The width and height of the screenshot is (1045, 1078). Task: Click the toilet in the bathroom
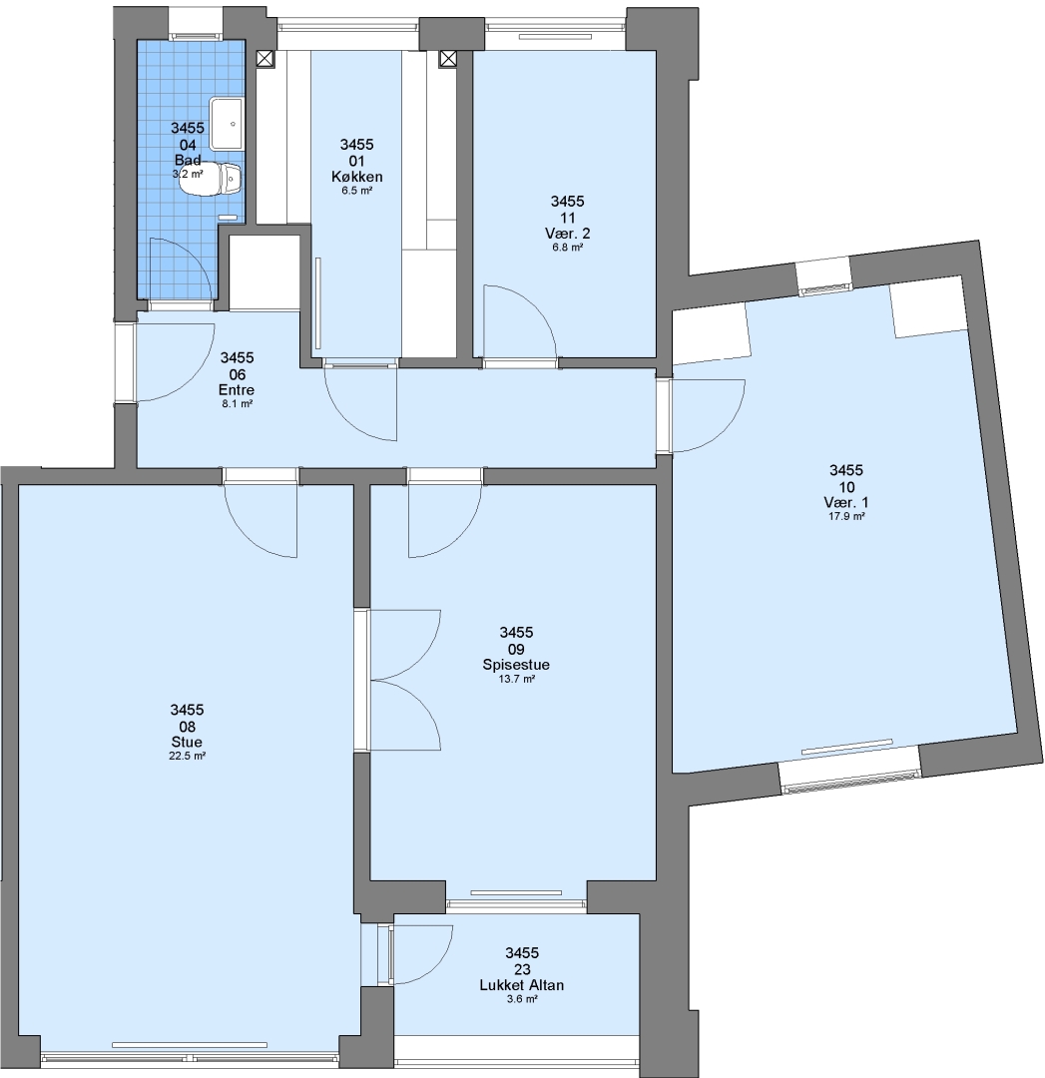(x=211, y=180)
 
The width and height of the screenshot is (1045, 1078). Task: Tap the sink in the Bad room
(x=227, y=124)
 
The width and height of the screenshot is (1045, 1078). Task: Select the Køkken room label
(x=356, y=177)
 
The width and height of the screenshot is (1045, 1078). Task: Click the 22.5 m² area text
(x=187, y=756)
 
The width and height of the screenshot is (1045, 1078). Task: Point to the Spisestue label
(x=516, y=665)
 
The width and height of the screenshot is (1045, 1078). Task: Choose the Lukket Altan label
(x=522, y=985)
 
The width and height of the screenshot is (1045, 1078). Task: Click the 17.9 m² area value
(x=846, y=516)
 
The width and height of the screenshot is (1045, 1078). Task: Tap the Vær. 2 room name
(x=567, y=233)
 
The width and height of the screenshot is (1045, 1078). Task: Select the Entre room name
(x=237, y=390)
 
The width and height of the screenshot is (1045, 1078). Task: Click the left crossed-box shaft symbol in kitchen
(x=265, y=59)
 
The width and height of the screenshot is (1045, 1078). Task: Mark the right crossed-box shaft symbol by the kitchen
(x=448, y=59)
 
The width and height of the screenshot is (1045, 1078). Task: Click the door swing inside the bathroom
(x=180, y=269)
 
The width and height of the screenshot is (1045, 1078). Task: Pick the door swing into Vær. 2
(x=520, y=321)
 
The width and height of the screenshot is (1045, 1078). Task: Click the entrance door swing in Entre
(x=176, y=362)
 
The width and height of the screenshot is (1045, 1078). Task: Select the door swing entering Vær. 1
(x=708, y=415)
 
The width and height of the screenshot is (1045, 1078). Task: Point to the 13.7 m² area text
(x=516, y=679)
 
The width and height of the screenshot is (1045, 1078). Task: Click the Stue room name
(x=187, y=742)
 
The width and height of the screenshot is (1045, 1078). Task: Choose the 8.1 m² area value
(x=237, y=403)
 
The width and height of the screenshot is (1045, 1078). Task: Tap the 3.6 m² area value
(x=522, y=999)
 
